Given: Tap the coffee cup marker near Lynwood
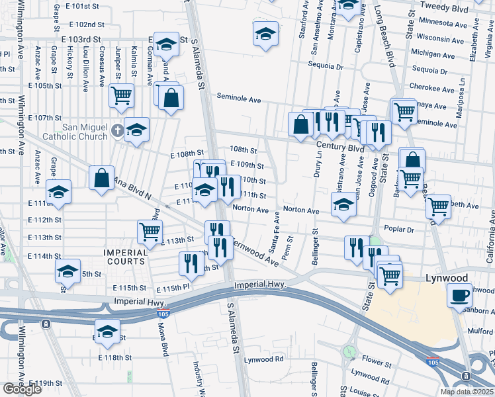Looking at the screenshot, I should [x=459, y=295].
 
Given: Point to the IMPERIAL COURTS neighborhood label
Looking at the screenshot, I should [x=125, y=257].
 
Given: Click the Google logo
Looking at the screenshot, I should [x=22, y=389].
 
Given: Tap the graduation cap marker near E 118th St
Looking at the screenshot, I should [x=107, y=331].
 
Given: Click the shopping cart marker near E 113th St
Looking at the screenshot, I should [x=150, y=231].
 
